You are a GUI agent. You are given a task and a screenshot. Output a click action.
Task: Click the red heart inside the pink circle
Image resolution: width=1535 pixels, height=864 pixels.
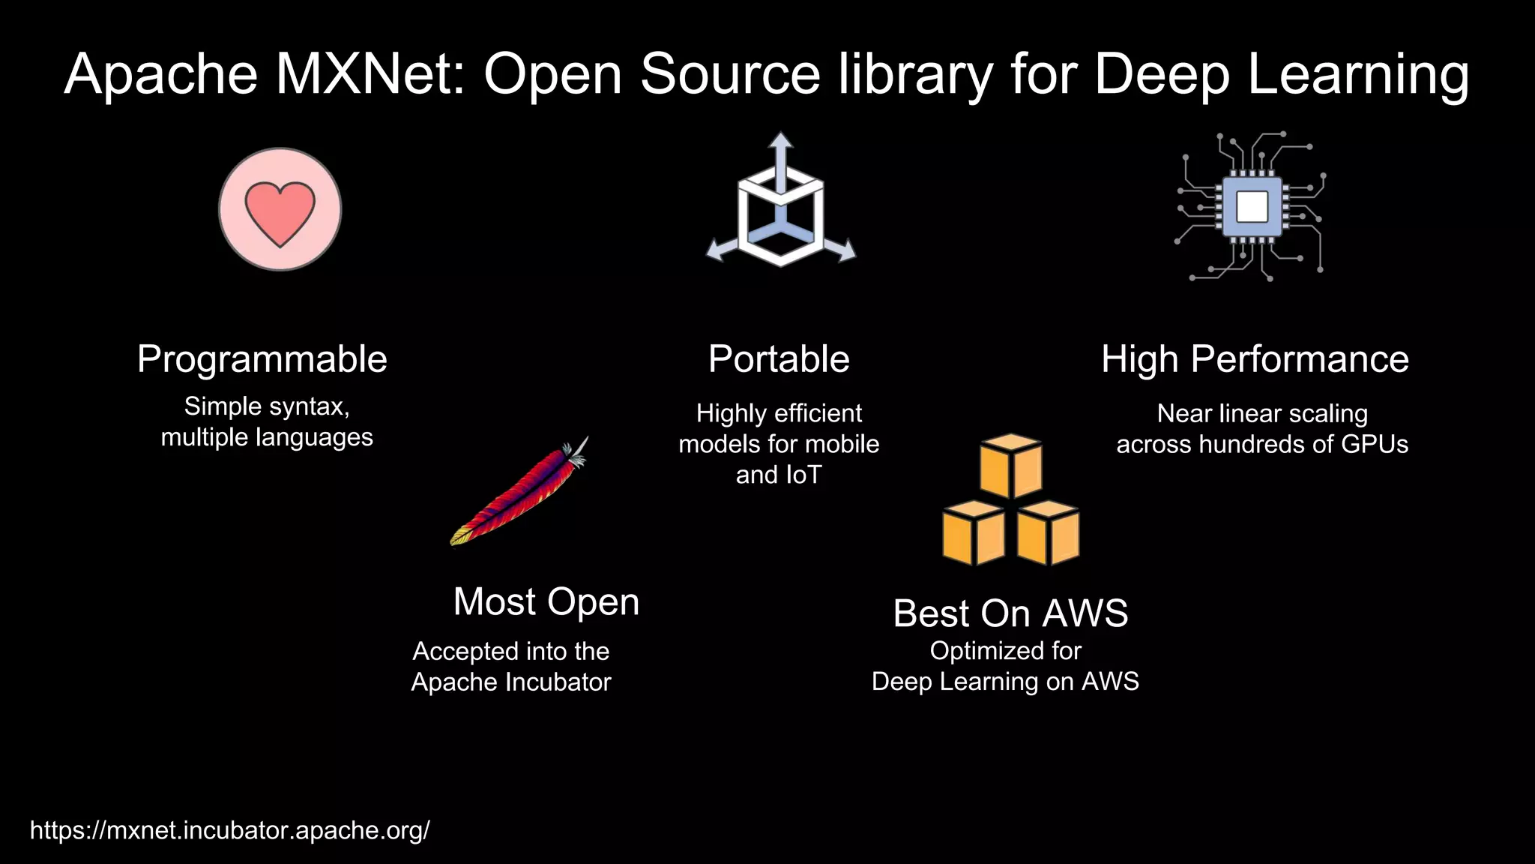[280, 213]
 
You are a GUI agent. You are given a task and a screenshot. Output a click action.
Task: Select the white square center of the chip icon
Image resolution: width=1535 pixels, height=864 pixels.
[1252, 206]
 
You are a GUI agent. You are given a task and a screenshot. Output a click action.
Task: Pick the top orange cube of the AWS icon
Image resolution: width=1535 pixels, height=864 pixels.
[1011, 465]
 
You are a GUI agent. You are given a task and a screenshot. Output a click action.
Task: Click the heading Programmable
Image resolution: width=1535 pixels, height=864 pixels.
[262, 359]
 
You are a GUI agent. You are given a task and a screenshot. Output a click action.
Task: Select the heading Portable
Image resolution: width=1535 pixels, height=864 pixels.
[779, 359]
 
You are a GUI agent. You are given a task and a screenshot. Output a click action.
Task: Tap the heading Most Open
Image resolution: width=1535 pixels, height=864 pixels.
[546, 601]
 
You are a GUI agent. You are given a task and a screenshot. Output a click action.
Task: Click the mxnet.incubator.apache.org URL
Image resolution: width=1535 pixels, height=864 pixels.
[229, 830]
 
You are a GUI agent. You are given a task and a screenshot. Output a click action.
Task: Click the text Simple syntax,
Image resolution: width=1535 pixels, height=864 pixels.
[267, 406]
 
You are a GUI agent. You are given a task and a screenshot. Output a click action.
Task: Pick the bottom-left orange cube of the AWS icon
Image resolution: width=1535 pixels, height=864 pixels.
[973, 534]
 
